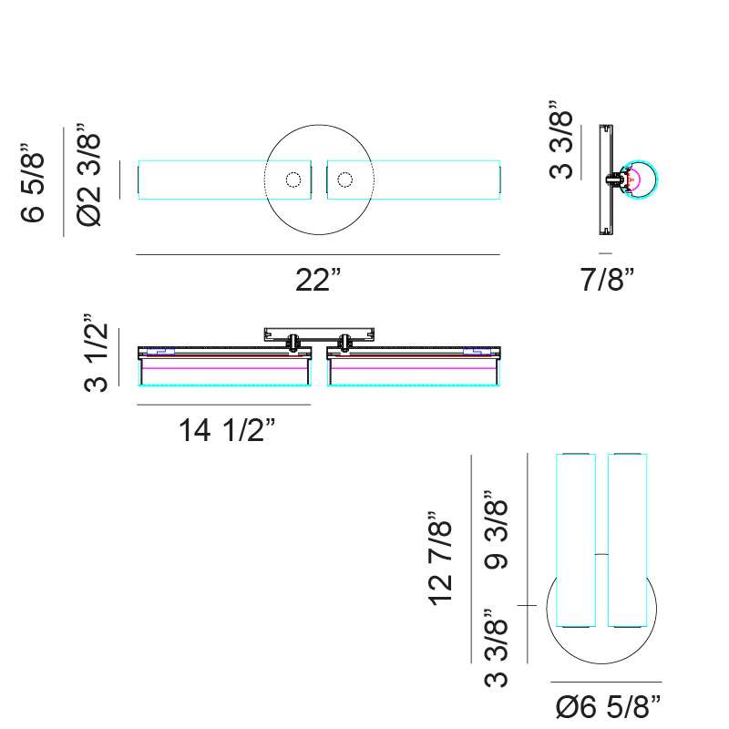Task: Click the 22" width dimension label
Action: pos(318,280)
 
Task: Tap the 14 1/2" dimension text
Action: pos(227,429)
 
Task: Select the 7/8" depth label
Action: pos(607,279)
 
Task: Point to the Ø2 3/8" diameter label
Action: pos(88,175)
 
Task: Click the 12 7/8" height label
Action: pos(439,559)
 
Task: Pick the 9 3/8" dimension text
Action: pos(496,529)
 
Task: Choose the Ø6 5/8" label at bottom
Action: pos(608,707)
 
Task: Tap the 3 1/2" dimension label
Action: pos(96,353)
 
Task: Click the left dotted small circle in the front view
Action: pos(293,180)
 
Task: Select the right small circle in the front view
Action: pos(345,180)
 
